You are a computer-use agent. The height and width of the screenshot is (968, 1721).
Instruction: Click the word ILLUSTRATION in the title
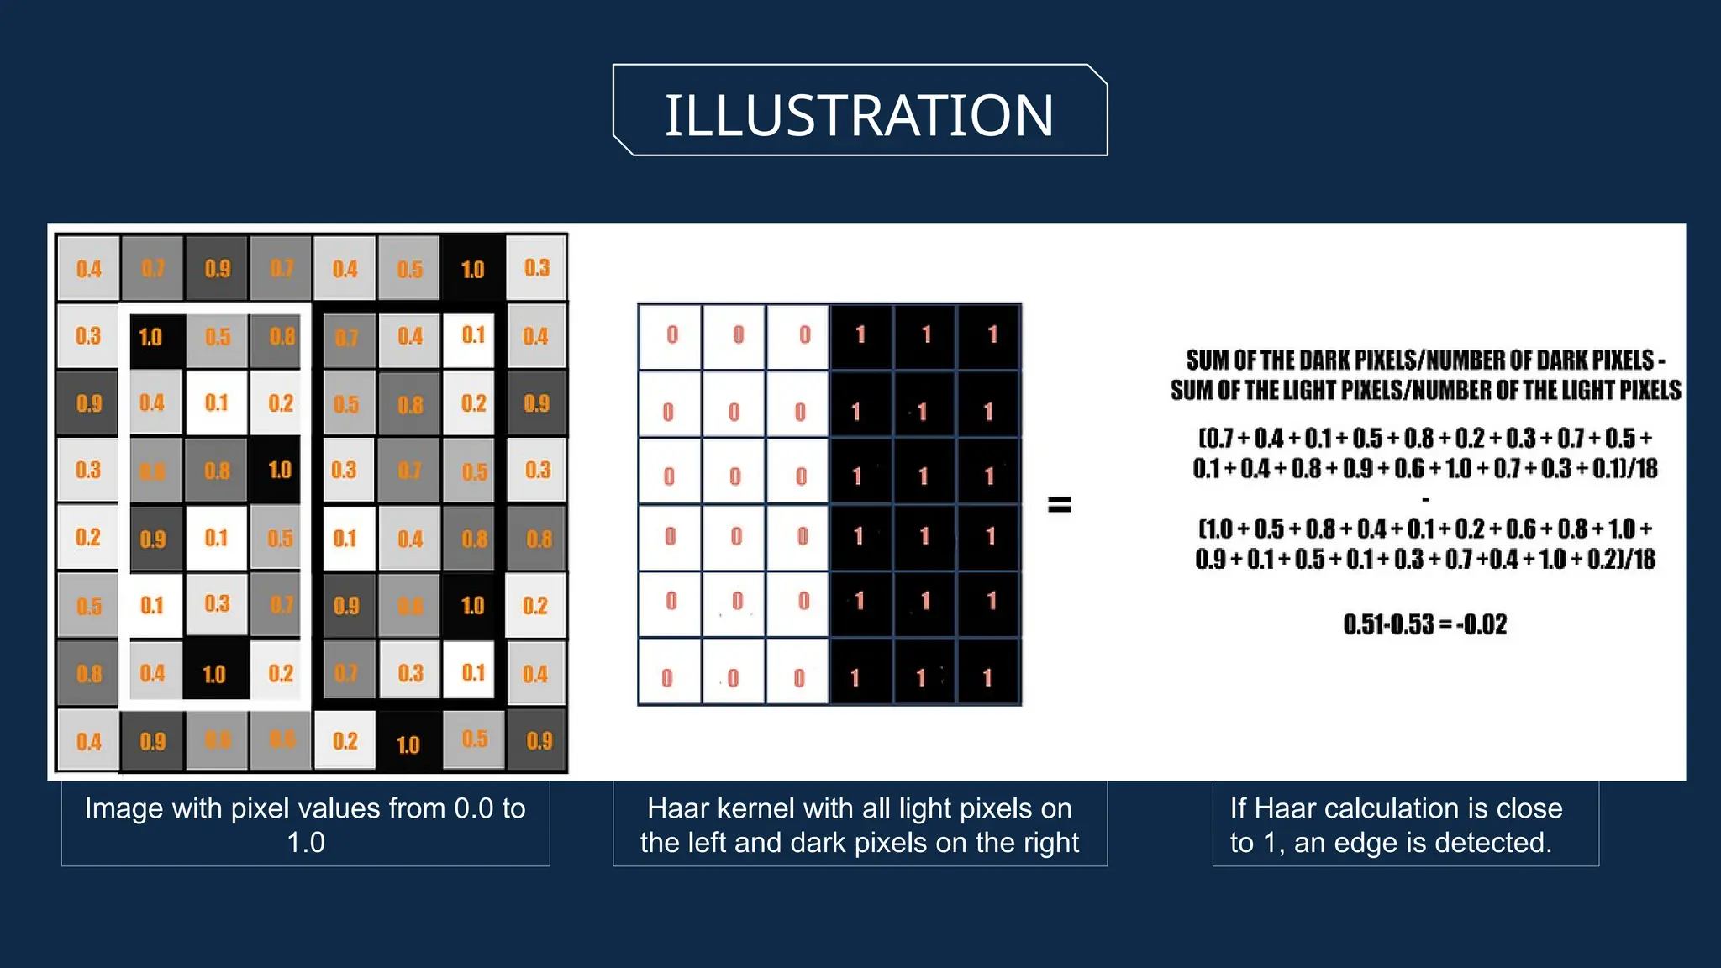tap(859, 115)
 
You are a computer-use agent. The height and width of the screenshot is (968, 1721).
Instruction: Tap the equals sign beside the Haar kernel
tap(1060, 504)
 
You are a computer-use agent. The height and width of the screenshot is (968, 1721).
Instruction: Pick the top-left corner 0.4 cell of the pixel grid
tap(88, 269)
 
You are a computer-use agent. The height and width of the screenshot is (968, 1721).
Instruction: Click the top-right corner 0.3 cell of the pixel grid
tap(536, 268)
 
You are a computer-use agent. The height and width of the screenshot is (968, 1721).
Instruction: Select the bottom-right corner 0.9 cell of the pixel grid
tap(539, 740)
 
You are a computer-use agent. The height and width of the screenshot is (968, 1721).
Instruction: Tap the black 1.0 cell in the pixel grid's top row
tap(473, 269)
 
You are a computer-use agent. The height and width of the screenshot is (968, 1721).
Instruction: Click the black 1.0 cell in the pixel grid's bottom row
tap(408, 743)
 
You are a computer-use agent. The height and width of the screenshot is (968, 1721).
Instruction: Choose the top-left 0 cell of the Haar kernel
tap(671, 335)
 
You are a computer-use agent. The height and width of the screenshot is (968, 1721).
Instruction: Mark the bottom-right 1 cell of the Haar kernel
tap(987, 676)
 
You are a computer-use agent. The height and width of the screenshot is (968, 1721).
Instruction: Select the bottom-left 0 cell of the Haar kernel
tap(667, 676)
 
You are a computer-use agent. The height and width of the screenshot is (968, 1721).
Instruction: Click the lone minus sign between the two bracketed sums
tap(1425, 499)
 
